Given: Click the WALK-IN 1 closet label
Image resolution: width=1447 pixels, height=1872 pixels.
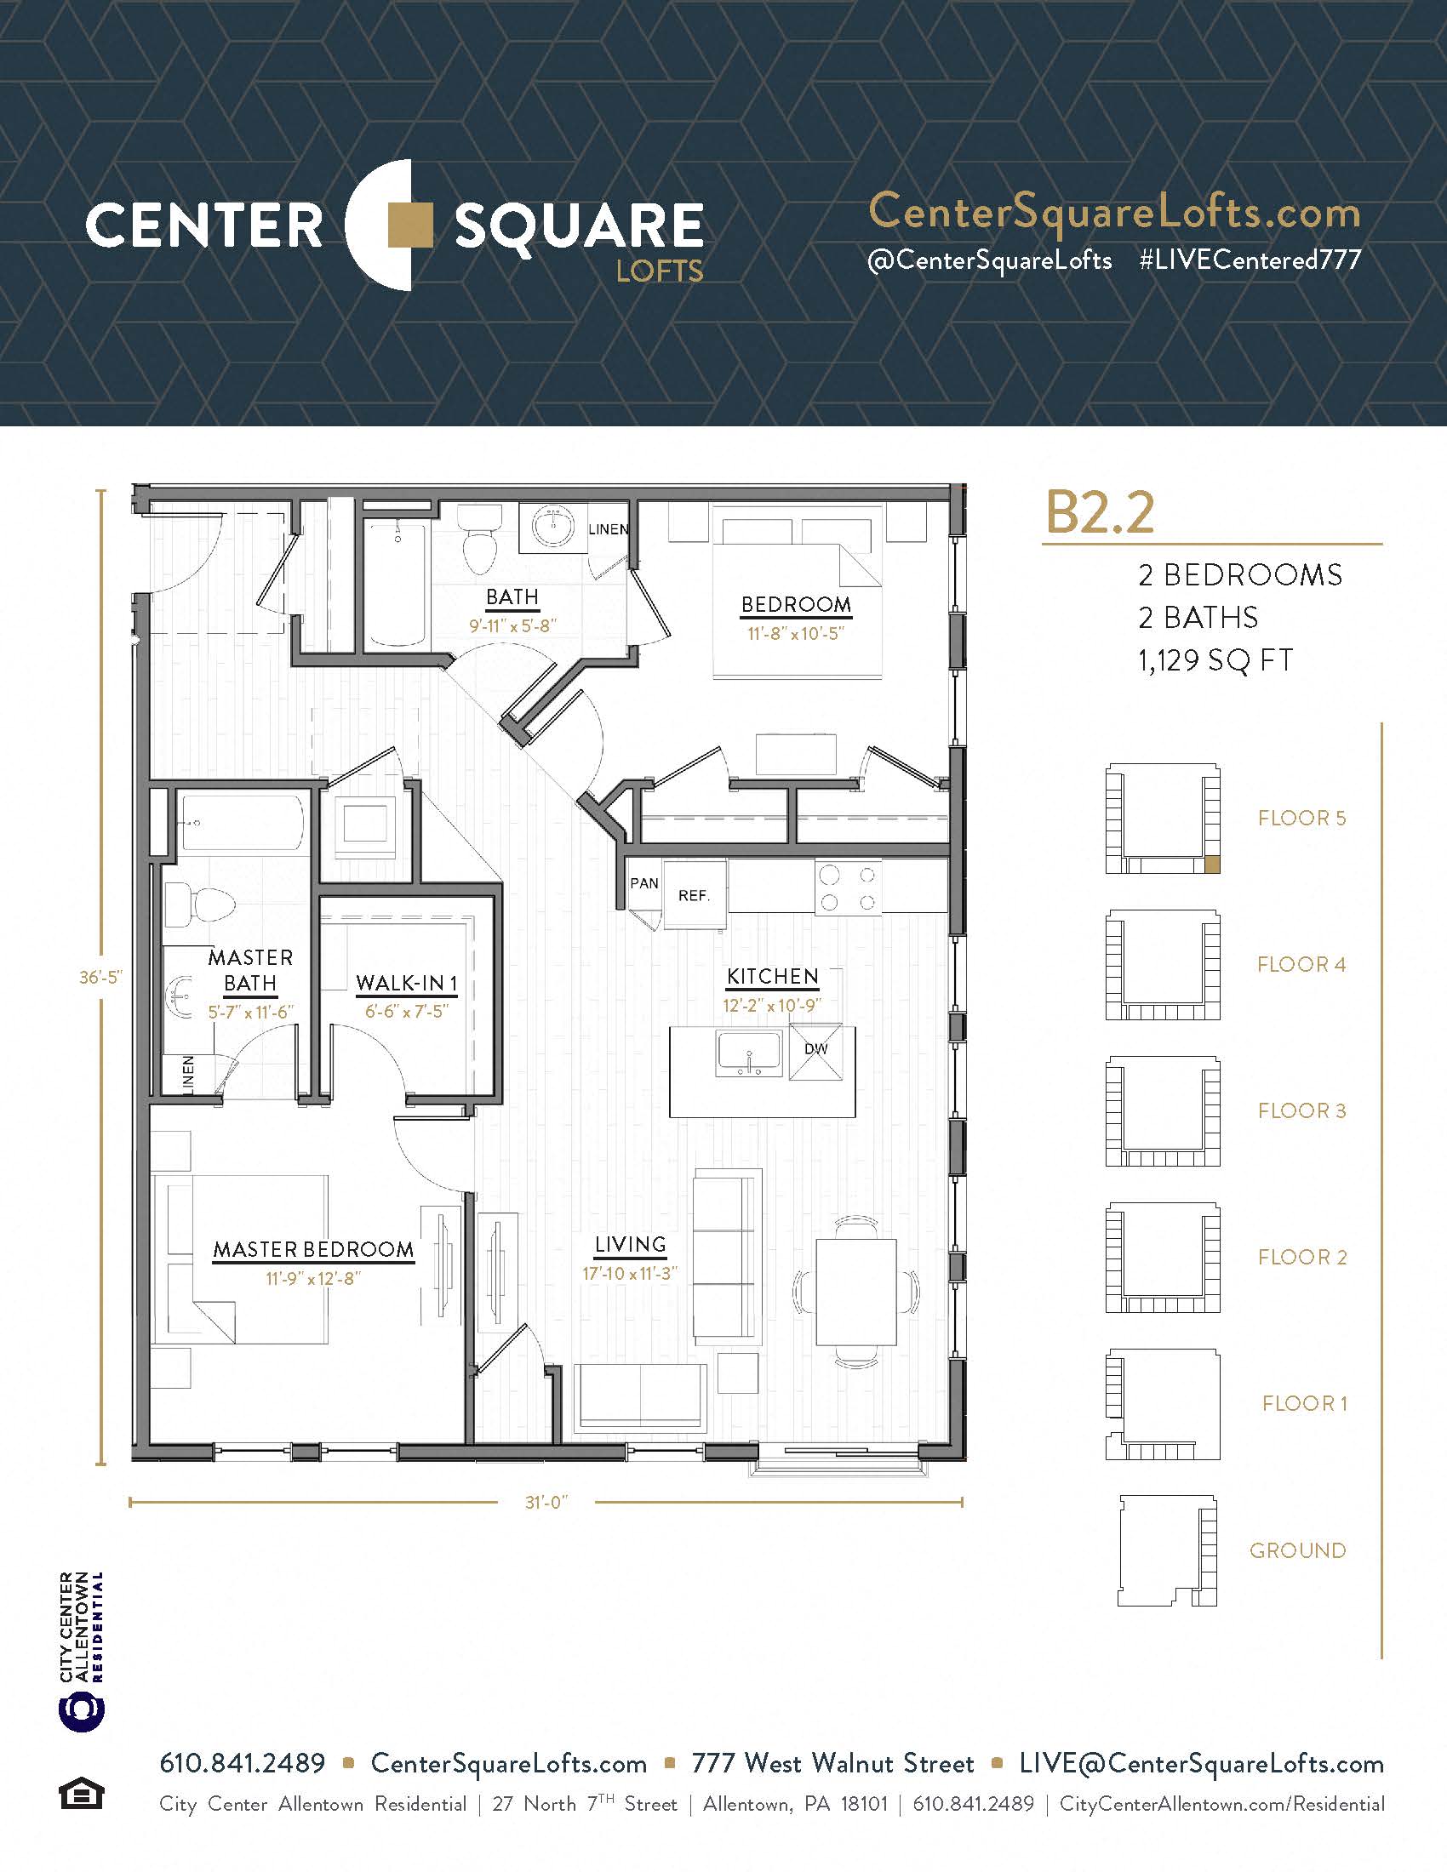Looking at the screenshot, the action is point(406,982).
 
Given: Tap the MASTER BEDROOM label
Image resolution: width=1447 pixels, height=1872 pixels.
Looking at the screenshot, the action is point(313,1250).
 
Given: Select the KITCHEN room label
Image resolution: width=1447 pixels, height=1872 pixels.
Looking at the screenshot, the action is point(772,976).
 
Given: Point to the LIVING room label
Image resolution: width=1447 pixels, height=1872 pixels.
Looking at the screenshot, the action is point(630,1245).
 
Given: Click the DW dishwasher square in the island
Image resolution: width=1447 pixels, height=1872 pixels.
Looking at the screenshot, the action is point(815,1051).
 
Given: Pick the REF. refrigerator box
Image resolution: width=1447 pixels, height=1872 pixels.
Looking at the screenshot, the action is point(695,894).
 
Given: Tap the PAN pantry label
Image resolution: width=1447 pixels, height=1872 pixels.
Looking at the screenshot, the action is point(644,883).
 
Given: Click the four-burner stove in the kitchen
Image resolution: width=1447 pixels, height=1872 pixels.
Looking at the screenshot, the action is point(848,888).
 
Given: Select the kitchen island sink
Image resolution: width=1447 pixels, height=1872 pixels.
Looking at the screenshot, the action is point(749,1053).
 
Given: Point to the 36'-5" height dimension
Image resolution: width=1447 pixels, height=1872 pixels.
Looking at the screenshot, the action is point(101,977).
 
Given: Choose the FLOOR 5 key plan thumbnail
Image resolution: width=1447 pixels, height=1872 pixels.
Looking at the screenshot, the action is point(1163,819).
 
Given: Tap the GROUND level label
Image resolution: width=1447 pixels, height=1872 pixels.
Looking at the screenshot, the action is point(1298,1550).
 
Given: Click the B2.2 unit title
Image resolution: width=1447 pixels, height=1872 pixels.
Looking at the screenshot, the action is point(1100,512).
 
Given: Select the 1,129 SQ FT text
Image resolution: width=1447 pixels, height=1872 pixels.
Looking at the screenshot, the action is point(1215,660).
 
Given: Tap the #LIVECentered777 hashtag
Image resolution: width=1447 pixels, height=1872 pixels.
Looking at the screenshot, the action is point(1250,260).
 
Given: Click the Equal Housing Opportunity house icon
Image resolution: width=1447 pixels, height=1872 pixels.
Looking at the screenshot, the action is point(82,1794).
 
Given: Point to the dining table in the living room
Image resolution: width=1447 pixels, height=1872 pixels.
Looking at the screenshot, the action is point(855,1292).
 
